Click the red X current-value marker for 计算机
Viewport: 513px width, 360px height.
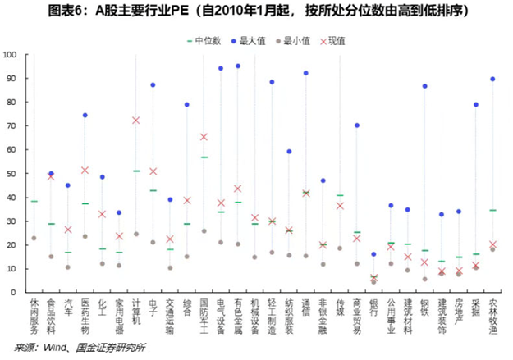click(x=135, y=121)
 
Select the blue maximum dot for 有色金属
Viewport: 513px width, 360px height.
click(x=238, y=66)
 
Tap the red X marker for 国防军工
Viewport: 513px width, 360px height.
click(x=204, y=137)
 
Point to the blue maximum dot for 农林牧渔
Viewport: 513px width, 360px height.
click(x=492, y=80)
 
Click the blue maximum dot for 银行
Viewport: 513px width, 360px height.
click(x=373, y=254)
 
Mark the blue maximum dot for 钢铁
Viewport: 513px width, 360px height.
click(x=424, y=86)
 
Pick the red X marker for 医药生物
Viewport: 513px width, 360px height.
click(x=85, y=170)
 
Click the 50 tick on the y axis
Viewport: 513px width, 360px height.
click(x=12, y=174)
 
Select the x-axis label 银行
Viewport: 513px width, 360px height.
click(x=373, y=308)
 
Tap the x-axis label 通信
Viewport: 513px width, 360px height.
click(x=305, y=308)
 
